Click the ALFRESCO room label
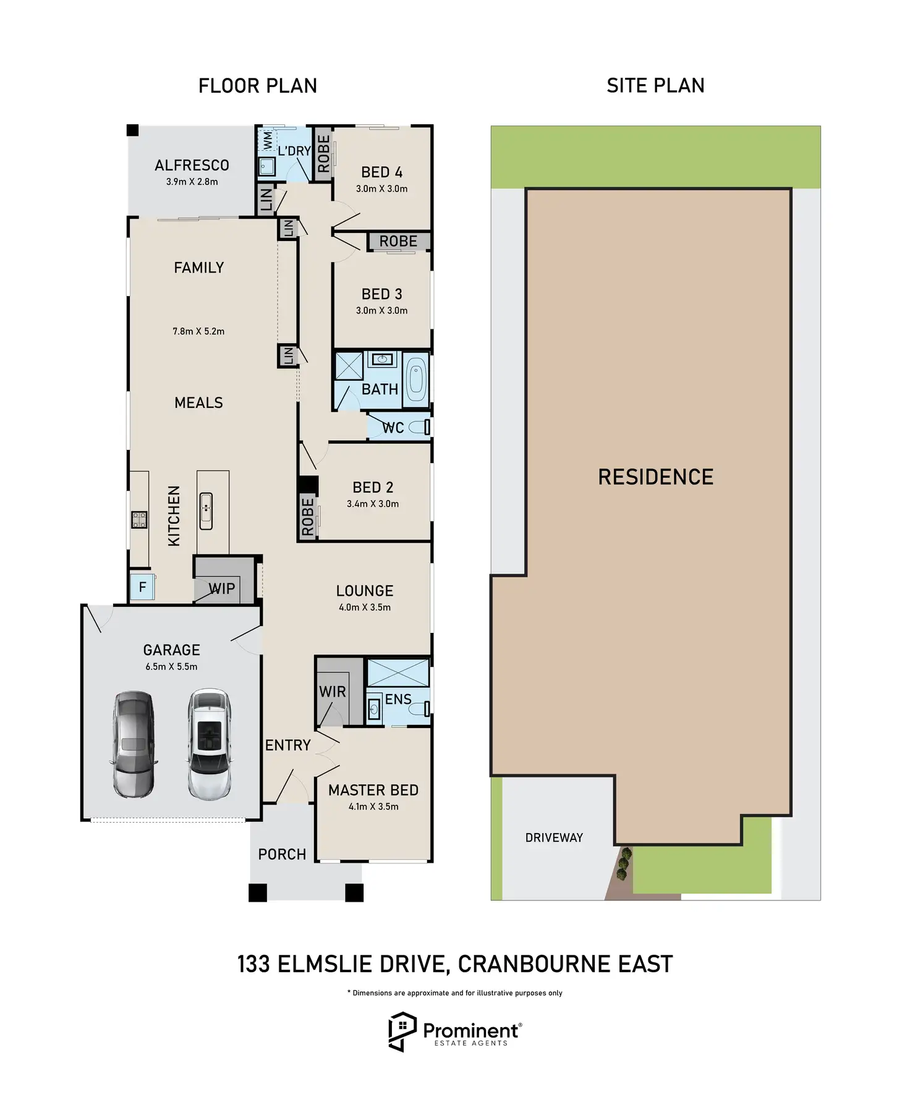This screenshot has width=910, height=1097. (x=192, y=166)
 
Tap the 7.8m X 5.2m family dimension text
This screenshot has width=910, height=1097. (x=198, y=331)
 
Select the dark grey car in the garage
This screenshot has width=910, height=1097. (x=134, y=744)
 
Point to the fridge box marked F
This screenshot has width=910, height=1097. (x=142, y=587)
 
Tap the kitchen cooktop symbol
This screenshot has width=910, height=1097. (x=139, y=520)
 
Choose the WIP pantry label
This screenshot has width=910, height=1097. (x=222, y=588)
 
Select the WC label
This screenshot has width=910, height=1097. (x=393, y=428)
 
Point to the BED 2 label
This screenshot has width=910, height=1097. (x=373, y=488)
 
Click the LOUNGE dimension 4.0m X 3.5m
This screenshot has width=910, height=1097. (x=365, y=608)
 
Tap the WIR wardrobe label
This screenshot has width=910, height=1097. (x=333, y=692)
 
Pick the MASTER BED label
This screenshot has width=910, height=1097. (x=373, y=790)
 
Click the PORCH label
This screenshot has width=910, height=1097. (x=282, y=854)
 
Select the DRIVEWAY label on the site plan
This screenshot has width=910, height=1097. (x=554, y=837)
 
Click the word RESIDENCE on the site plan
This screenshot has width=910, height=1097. (x=656, y=477)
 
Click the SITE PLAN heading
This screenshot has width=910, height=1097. (x=655, y=85)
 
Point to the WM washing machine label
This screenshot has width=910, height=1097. (x=268, y=140)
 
